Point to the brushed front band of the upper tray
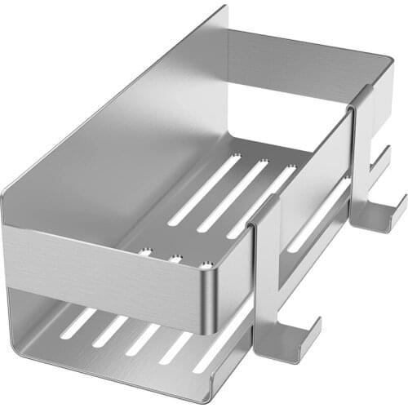point(106,261)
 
